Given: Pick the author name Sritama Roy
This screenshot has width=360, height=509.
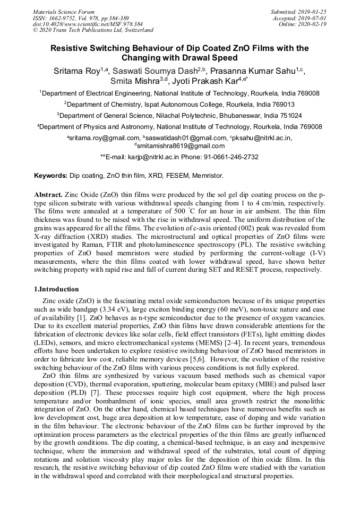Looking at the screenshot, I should [x=76, y=72].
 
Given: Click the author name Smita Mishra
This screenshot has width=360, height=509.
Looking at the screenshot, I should [x=135, y=82].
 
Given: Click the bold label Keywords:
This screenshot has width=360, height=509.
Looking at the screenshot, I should [x=51, y=175].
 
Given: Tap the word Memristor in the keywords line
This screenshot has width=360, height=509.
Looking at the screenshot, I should [x=208, y=175].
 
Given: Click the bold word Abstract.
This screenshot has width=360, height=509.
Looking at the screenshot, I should [x=48, y=195].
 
